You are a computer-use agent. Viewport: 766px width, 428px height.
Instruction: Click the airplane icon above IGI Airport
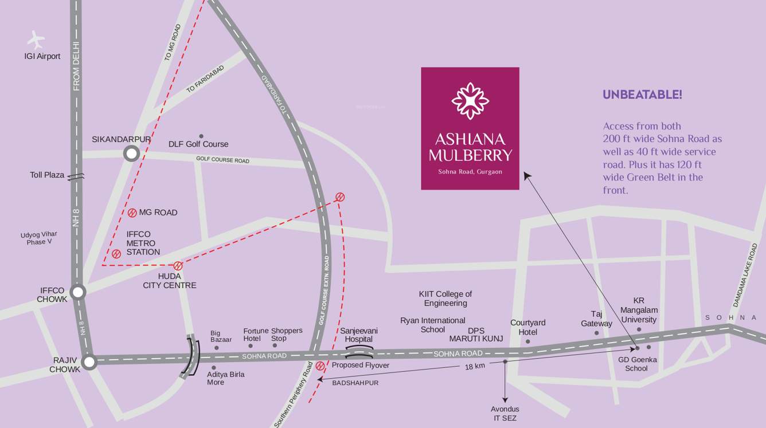click(36, 40)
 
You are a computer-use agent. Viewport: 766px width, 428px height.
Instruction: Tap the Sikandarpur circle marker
click(132, 154)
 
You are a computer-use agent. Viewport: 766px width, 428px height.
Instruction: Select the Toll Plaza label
click(47, 175)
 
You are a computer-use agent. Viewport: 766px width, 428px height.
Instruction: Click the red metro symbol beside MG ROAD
click(132, 213)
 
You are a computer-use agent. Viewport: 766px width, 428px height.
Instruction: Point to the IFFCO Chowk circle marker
click(78, 292)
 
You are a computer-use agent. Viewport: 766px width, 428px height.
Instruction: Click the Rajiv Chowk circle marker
click(89, 362)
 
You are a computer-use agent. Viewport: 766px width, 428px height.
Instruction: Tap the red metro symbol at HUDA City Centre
click(178, 266)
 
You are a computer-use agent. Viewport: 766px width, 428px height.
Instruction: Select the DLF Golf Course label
click(198, 144)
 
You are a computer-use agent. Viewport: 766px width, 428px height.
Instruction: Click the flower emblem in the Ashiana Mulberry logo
click(470, 101)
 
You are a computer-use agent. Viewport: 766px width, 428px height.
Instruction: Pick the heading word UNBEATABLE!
click(642, 95)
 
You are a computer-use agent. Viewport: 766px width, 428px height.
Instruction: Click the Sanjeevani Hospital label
click(359, 335)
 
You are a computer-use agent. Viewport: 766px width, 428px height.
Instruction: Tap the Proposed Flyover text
click(360, 365)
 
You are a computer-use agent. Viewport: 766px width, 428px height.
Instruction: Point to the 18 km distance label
click(475, 366)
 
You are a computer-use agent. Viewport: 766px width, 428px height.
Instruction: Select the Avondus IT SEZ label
click(505, 413)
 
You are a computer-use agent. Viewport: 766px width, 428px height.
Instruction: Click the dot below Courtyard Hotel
click(528, 342)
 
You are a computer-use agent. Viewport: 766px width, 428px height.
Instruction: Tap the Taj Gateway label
click(596, 319)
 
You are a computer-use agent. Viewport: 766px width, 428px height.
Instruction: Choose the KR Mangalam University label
click(639, 310)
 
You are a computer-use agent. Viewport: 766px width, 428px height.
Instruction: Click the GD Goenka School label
click(637, 364)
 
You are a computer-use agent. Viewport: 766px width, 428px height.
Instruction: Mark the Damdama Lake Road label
click(745, 274)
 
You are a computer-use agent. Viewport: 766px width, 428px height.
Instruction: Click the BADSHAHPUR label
click(355, 383)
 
